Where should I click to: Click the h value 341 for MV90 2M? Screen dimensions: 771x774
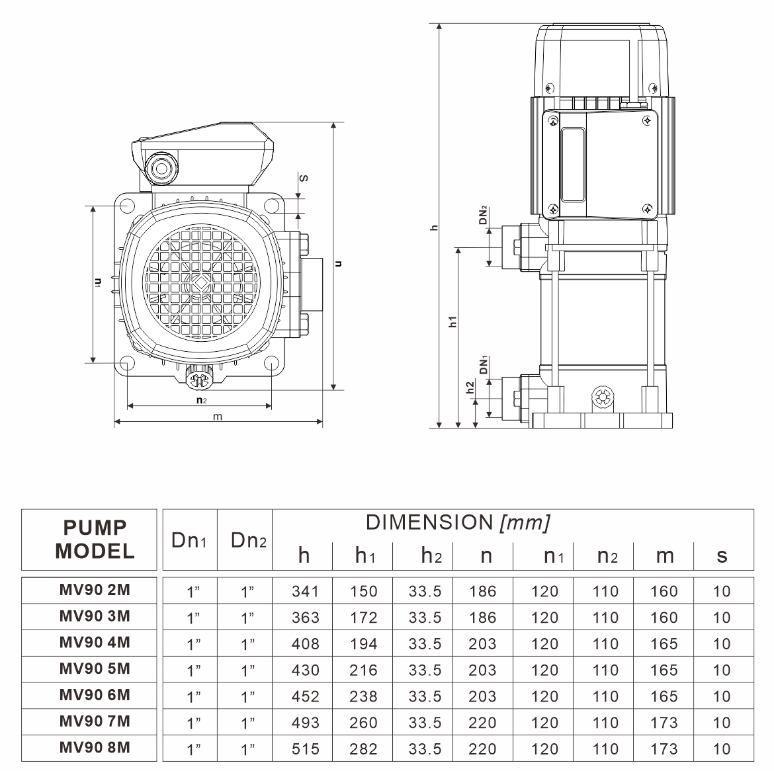coord(305,591)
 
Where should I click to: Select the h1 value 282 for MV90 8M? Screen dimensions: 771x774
coord(364,749)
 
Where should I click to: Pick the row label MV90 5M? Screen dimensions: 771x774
coord(95,669)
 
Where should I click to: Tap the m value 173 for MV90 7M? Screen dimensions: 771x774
coord(664,723)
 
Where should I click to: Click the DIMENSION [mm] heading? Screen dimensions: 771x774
coord(458,522)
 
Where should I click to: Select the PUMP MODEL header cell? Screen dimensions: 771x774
coord(95,540)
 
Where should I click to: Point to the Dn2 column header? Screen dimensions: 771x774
coord(248,540)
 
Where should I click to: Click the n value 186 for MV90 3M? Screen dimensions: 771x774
coord(482,618)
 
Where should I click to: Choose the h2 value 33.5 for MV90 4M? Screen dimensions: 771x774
coord(425,643)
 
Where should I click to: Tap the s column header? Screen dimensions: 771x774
coord(722,555)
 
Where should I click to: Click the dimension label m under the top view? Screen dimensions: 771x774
coord(218,416)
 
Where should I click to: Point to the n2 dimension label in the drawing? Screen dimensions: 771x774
coord(201,400)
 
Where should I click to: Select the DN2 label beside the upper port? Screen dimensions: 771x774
coord(484,216)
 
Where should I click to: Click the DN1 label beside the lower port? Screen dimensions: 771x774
coord(484,366)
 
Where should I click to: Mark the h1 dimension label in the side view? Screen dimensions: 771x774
coord(453,322)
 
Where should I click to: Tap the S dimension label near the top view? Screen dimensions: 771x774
coord(304,178)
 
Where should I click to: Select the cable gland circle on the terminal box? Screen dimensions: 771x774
coord(161,168)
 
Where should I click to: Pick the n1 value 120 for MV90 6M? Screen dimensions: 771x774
coord(544,696)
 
